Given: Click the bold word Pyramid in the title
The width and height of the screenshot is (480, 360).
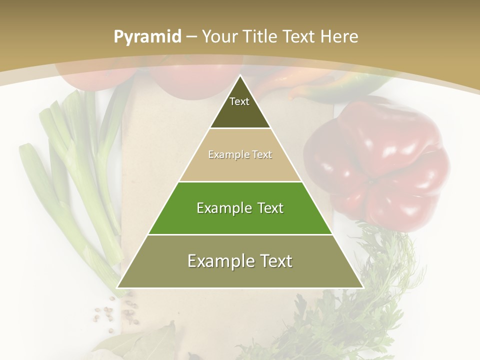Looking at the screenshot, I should point(147,37).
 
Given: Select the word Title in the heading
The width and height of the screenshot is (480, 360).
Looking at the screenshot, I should point(260,37).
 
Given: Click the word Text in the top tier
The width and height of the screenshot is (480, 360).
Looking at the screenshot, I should point(239,101).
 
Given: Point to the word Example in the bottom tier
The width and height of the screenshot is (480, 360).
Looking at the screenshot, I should point(218,261).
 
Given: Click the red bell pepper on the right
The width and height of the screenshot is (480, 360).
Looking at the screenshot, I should point(380,165).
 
